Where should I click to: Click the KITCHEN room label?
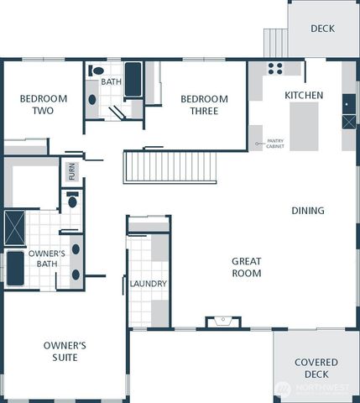click(303, 96)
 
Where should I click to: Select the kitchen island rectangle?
click(304, 126)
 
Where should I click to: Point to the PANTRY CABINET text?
click(274, 144)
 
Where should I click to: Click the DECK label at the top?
click(322, 29)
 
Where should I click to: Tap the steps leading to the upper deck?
click(275, 43)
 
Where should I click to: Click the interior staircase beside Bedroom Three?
click(170, 166)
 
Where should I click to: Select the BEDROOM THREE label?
click(204, 105)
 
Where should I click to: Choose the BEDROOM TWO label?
click(37, 104)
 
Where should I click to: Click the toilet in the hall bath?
click(97, 71)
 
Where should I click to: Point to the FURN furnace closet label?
click(72, 173)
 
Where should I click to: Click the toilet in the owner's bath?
click(72, 201)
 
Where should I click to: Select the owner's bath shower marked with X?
click(15, 228)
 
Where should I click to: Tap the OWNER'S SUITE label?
click(65, 351)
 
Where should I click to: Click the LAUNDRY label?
click(149, 284)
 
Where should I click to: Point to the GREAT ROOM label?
click(246, 267)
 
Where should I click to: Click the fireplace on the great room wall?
click(222, 321)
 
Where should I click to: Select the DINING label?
click(308, 211)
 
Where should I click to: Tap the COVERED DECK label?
click(316, 368)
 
